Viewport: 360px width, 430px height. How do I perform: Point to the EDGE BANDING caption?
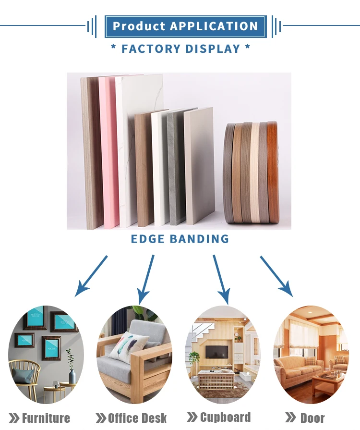180,238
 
